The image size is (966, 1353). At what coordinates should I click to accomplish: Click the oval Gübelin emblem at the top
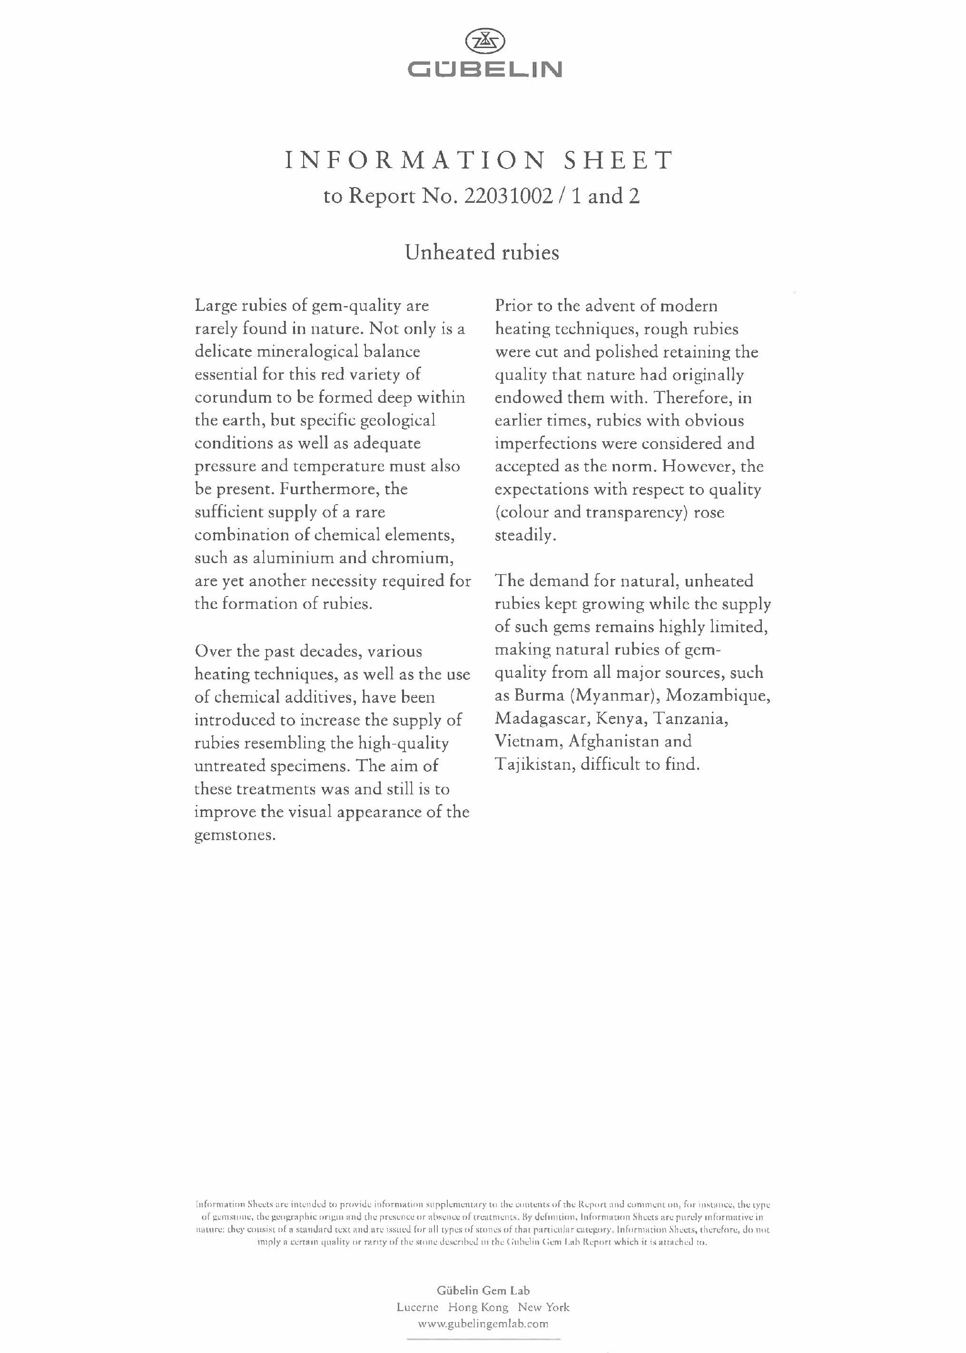coord(484,41)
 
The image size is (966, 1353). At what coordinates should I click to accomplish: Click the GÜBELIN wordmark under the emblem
coord(484,70)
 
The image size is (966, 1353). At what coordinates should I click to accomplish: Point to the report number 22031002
coord(510,196)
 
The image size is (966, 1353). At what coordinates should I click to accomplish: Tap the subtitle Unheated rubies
coord(482,252)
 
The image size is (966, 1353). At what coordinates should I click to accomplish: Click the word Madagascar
coord(542,719)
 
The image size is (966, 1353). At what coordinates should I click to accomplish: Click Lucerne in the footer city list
coord(418,1307)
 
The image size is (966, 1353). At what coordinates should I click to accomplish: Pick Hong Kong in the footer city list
coord(478,1307)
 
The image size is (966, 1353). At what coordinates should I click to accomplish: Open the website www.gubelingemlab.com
coord(483,1324)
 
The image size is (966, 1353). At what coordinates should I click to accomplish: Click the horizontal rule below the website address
coord(483,1339)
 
